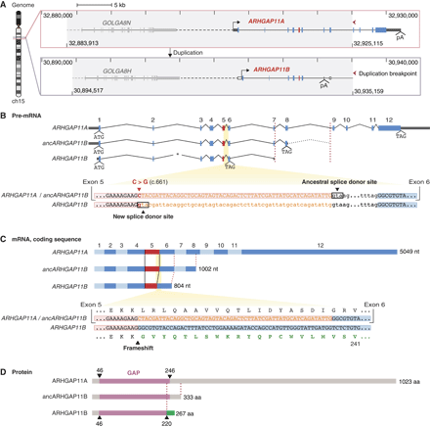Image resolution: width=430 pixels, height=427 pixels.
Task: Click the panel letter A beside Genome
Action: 4,5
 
